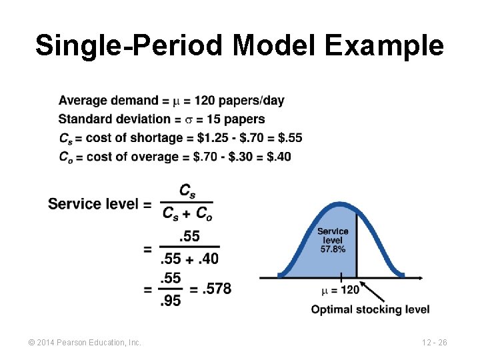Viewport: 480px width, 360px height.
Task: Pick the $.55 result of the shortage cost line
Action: [x=289, y=138]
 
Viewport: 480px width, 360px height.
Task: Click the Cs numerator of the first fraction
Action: [x=187, y=191]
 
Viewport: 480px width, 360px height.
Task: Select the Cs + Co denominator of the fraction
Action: [x=187, y=213]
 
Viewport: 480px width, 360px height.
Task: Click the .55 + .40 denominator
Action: [x=190, y=258]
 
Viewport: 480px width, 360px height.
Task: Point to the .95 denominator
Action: [x=171, y=301]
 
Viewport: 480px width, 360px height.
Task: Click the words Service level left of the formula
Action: [x=93, y=203]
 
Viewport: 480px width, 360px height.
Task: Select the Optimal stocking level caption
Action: [x=370, y=309]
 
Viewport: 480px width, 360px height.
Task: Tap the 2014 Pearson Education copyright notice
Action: [x=85, y=342]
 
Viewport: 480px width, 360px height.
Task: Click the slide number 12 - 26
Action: [x=434, y=342]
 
